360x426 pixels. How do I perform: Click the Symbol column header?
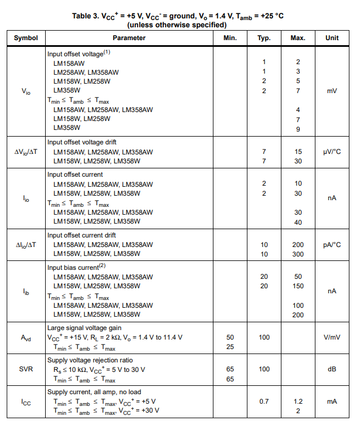(26, 38)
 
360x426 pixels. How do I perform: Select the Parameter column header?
(129, 38)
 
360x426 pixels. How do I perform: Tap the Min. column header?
(230, 38)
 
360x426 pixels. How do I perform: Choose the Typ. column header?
(264, 38)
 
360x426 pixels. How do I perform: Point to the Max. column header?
(298, 38)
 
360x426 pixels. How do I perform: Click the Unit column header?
(332, 38)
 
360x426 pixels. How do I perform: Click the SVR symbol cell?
(26, 369)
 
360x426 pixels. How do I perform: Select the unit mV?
(332, 91)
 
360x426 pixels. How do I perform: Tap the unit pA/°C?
(332, 245)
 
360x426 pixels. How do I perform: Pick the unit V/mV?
(332, 337)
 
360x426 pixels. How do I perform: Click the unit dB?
(332, 369)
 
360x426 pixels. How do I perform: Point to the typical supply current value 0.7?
(264, 401)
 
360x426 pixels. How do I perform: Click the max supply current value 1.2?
(298, 401)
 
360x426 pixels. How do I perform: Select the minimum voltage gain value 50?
(230, 337)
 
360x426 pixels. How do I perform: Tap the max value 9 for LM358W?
(298, 129)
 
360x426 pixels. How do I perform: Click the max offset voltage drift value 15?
(298, 152)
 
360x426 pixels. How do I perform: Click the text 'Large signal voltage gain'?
(84, 328)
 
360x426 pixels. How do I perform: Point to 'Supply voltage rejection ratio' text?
(90, 360)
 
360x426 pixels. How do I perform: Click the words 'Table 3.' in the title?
(85, 16)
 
